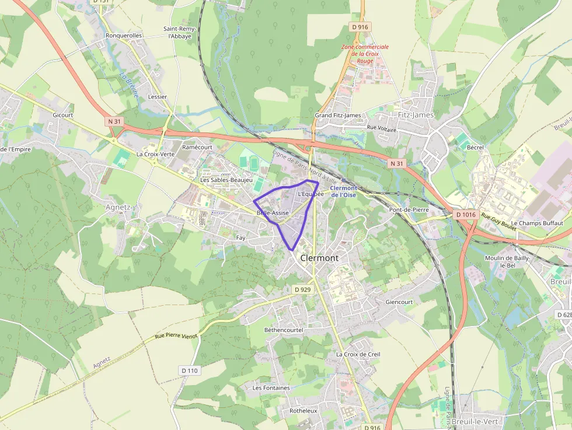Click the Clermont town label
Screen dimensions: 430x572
[x=319, y=258]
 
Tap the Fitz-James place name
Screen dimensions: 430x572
[x=416, y=115]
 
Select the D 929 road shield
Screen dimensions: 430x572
[x=302, y=289]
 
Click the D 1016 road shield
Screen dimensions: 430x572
[x=466, y=215]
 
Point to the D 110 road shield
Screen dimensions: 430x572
[x=190, y=370]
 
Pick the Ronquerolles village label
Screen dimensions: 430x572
[x=124, y=36]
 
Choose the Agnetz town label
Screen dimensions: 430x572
[x=119, y=207]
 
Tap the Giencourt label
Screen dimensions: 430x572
[x=399, y=302]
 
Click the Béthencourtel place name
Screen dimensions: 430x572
[x=284, y=330]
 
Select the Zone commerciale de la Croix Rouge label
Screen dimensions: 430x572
[x=365, y=54]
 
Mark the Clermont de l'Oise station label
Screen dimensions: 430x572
[x=344, y=191]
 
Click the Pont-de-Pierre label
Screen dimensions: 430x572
[x=409, y=209]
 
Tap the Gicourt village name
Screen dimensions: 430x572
[x=62, y=115]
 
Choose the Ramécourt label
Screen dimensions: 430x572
[x=197, y=148]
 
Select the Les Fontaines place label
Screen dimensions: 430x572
[x=271, y=388]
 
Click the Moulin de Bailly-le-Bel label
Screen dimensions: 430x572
[x=507, y=261]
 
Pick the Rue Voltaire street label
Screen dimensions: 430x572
[x=381, y=127]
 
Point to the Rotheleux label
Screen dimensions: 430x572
[x=303, y=411]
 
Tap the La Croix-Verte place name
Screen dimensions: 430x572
[x=155, y=155]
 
